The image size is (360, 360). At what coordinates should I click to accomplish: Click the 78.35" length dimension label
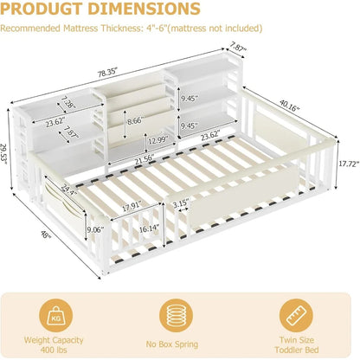point(108,72)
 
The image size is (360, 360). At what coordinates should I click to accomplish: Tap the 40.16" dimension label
point(290,106)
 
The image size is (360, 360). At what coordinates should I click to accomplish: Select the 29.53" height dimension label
point(5,155)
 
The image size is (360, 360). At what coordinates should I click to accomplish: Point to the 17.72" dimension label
point(349,164)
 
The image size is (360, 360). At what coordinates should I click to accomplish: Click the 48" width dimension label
point(45,235)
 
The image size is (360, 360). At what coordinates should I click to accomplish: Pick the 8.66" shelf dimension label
point(135,120)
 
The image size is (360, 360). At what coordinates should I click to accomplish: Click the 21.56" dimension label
point(144,161)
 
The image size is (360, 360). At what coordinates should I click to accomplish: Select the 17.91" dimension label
point(132,206)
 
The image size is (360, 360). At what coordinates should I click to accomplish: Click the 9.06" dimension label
point(95,230)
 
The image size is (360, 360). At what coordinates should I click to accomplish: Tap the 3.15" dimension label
point(181,204)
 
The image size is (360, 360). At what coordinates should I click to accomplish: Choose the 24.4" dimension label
point(68,189)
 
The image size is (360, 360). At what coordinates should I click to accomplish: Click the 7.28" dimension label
point(68,102)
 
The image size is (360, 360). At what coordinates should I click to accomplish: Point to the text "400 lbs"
point(54,350)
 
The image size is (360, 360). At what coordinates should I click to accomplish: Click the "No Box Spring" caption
point(172,344)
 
